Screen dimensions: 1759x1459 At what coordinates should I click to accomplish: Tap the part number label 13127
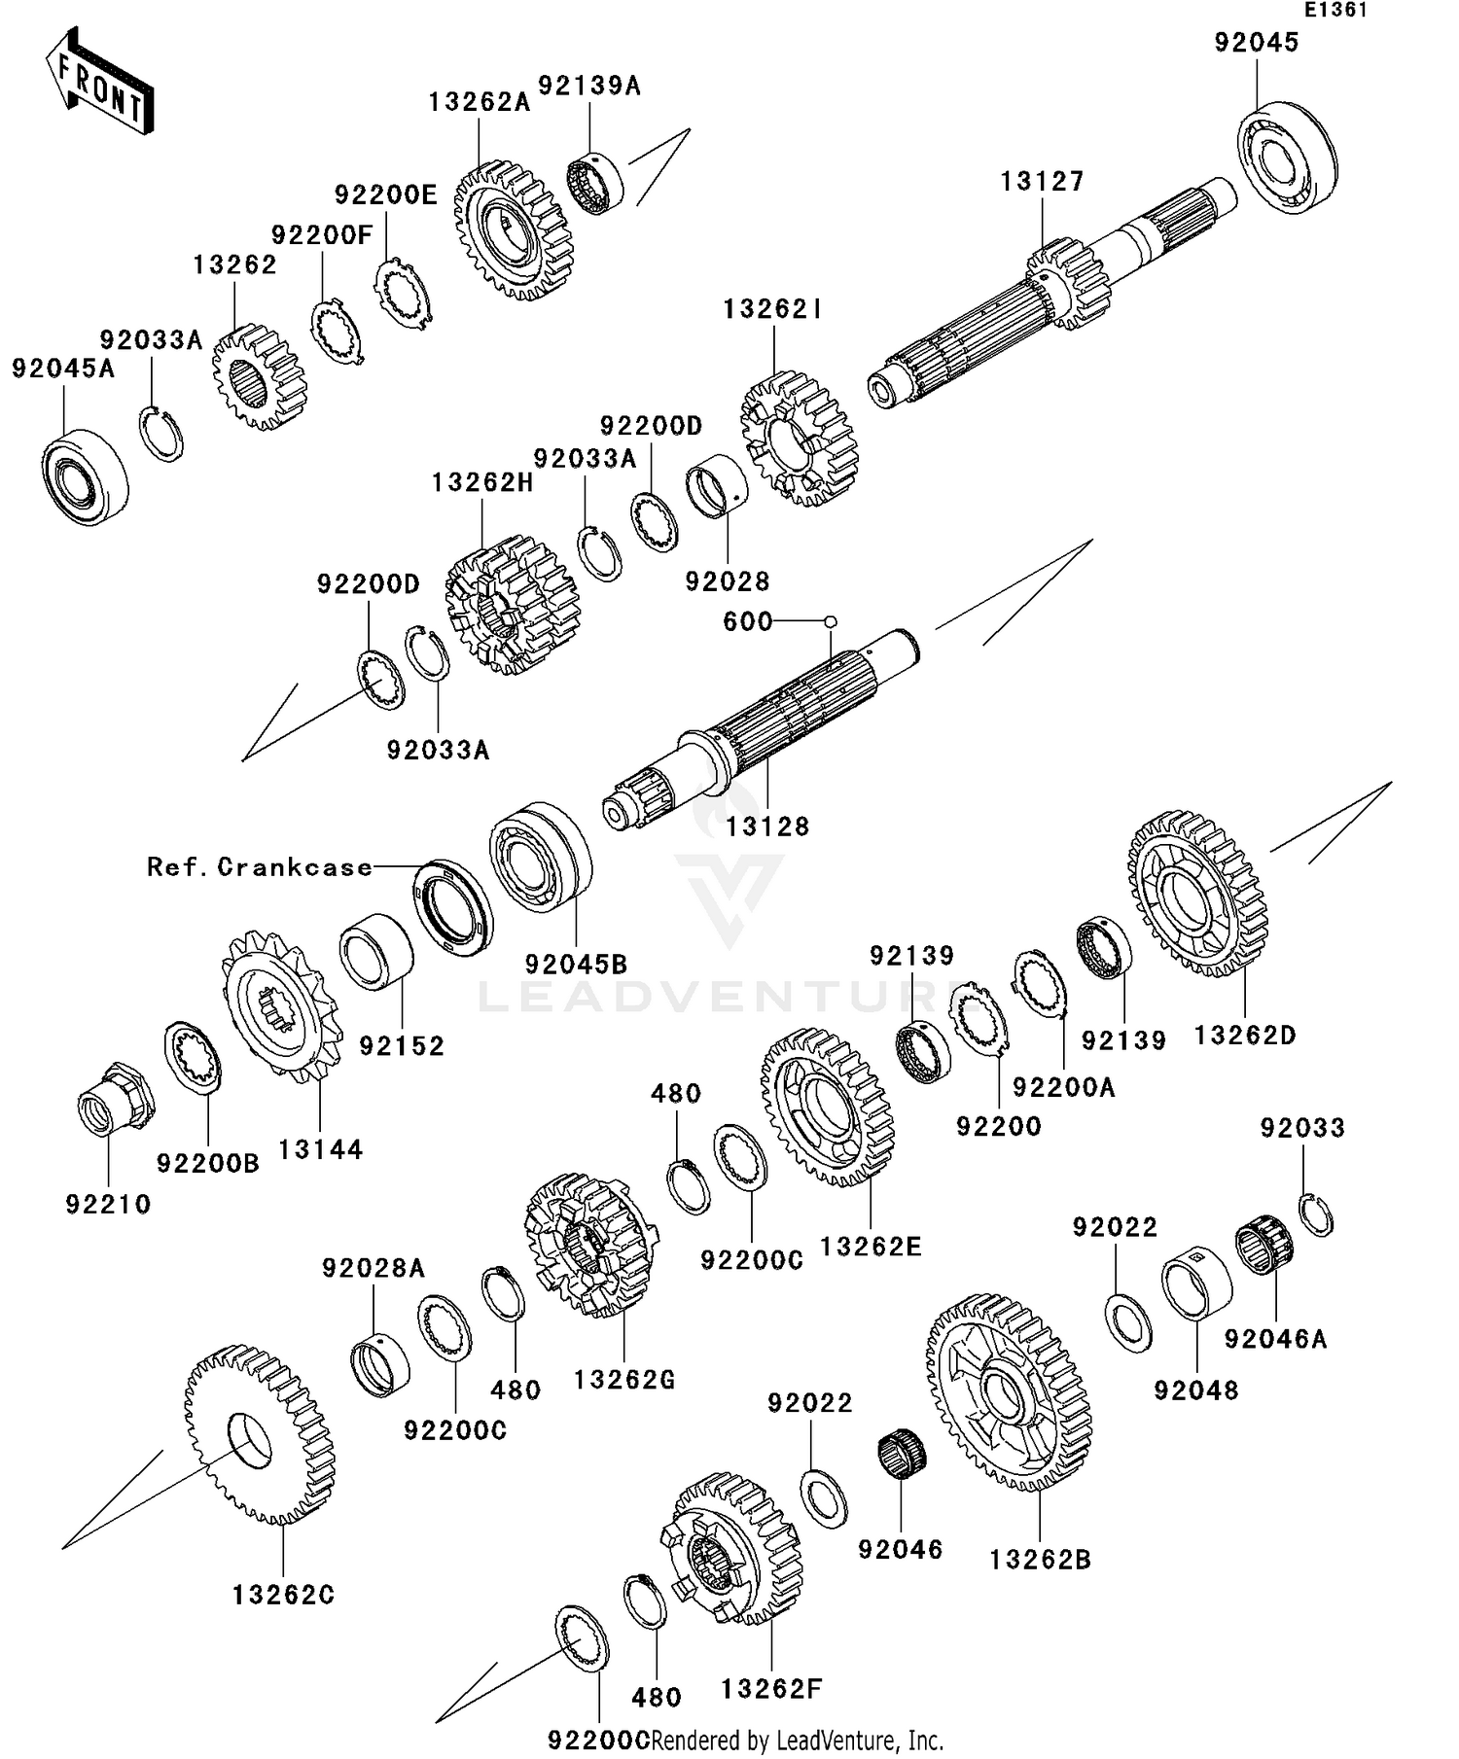coord(1042,182)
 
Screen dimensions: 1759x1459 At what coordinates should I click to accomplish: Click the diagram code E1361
coord(1335,11)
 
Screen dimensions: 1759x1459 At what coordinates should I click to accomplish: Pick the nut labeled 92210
coord(115,1096)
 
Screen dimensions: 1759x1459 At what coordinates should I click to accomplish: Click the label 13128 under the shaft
coord(767,827)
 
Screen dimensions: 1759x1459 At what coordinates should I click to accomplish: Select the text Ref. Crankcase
coord(260,867)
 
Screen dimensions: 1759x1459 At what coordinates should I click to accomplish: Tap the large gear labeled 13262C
coord(259,1433)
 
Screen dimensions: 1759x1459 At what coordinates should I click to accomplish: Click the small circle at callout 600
coord(830,620)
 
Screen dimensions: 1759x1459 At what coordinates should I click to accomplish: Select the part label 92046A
coord(1275,1339)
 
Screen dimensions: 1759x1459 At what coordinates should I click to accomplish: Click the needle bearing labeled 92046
coord(902,1455)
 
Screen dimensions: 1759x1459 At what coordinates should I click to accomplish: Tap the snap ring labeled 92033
coord(1317,1213)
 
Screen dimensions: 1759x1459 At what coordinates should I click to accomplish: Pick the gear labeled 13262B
coord(1009,1390)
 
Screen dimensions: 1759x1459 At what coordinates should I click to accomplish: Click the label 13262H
coord(482,482)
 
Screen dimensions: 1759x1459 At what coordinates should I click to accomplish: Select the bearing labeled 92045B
coord(541,857)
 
